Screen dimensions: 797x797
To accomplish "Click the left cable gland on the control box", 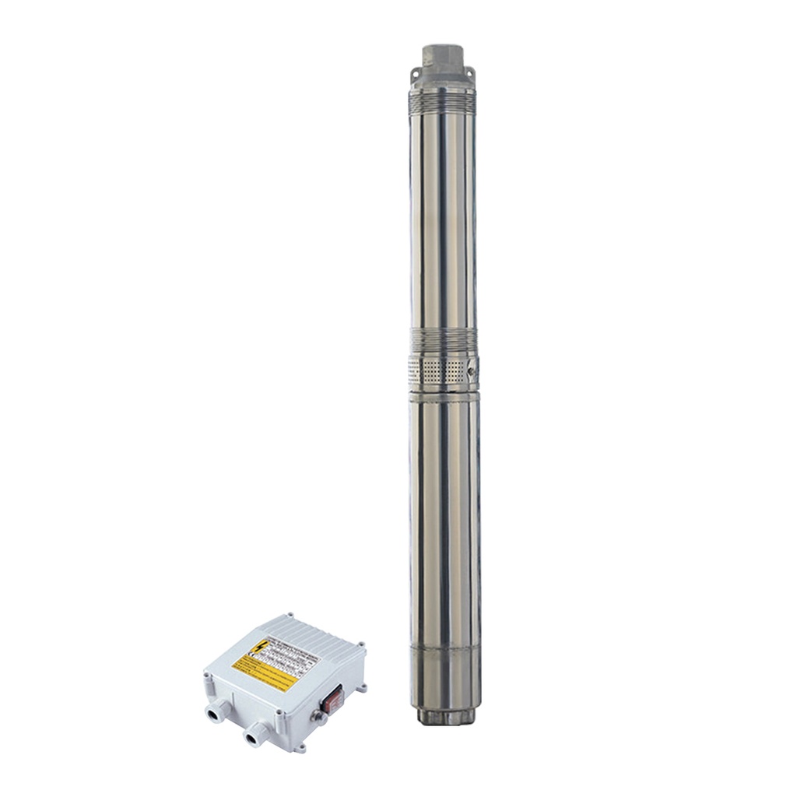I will pos(216,710).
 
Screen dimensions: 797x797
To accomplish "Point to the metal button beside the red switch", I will pos(318,715).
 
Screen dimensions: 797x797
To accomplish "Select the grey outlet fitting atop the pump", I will pos(443,57).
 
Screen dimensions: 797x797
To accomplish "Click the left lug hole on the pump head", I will pos(415,72).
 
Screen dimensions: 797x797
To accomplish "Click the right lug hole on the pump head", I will pos(469,73).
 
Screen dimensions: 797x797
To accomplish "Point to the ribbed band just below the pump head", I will pos(442,101).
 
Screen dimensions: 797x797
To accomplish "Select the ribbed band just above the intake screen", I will pos(442,339).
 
